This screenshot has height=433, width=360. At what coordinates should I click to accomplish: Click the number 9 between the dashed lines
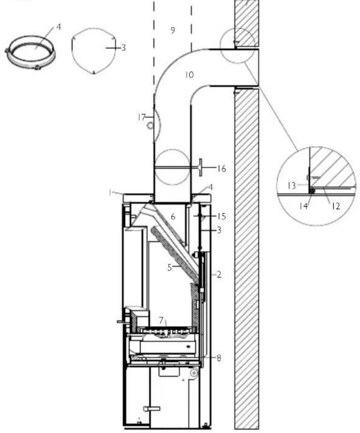click(x=172, y=30)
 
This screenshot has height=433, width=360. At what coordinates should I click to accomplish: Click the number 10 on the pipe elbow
click(x=189, y=74)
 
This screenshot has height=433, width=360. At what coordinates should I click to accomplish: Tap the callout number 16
click(x=222, y=169)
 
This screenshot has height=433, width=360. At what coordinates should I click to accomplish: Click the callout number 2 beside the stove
click(x=219, y=275)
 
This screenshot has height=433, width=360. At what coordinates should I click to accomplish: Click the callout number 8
click(x=219, y=357)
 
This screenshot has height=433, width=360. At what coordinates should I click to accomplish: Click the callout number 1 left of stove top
click(x=111, y=193)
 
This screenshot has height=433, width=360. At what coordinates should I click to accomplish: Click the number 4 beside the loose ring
click(x=59, y=27)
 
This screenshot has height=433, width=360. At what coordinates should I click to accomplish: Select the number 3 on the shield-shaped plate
click(x=123, y=47)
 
